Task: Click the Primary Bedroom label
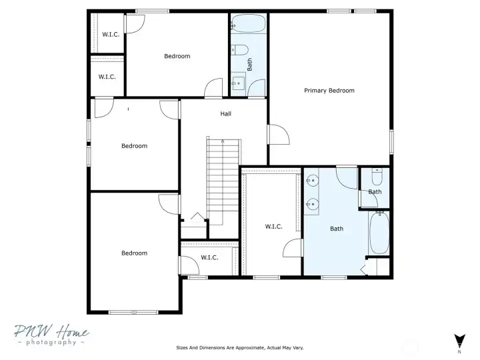point(329,91)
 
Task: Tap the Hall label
point(225,114)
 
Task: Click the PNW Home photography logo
point(51,335)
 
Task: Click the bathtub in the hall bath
point(248,23)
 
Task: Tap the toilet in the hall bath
point(239,50)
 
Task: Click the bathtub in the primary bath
point(379,233)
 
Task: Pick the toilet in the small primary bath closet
point(377,177)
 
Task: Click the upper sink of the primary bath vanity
point(312,181)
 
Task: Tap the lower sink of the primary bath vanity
point(313,204)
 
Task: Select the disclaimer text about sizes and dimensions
point(240,348)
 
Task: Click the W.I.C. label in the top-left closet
point(111,35)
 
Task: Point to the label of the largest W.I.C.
point(274,227)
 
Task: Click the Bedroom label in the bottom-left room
point(135,253)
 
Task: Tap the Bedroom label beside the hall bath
point(177,56)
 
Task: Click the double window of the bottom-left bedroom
point(133,312)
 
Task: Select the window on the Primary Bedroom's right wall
point(391,141)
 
